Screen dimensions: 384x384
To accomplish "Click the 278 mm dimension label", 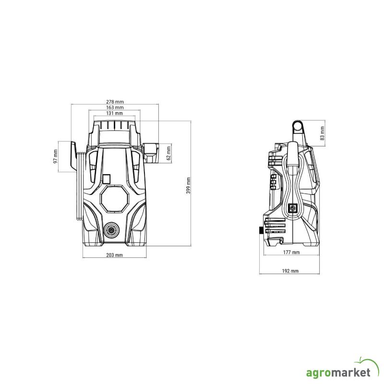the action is tap(115, 102).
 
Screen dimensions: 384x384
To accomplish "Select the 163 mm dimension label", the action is tap(115, 108).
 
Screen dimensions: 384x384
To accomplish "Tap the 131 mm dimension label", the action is tap(114, 113).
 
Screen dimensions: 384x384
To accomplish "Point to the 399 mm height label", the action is tap(188, 186).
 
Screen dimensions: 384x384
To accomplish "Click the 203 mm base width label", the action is tap(114, 255).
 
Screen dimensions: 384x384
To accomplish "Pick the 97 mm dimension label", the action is tap(56, 157).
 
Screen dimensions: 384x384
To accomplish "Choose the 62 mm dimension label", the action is tap(168, 153).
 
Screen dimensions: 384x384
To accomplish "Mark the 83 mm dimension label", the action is tap(322, 133).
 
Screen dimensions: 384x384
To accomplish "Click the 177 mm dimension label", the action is tap(291, 252).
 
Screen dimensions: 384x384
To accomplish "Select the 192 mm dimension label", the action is tap(290, 271).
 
